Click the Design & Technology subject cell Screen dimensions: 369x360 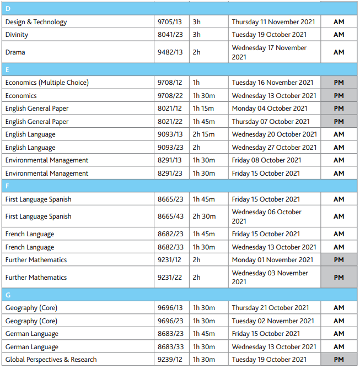point(36,22)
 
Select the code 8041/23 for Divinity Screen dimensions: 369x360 point(170,35)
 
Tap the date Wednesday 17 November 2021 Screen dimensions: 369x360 point(269,52)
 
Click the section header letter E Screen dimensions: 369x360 point(7,70)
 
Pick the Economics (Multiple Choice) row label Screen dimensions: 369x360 point(47,83)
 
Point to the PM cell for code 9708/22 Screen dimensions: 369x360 point(338,96)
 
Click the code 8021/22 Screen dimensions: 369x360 point(170,122)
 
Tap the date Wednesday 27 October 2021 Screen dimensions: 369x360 point(274,148)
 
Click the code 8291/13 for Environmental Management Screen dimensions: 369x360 point(170,160)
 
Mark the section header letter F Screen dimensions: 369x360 point(7,186)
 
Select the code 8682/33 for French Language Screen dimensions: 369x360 point(170,247)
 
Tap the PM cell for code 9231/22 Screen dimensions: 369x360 point(338,278)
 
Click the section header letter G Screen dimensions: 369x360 point(8,295)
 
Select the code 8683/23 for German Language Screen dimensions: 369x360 point(170,334)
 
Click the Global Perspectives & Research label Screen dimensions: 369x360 point(51,360)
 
